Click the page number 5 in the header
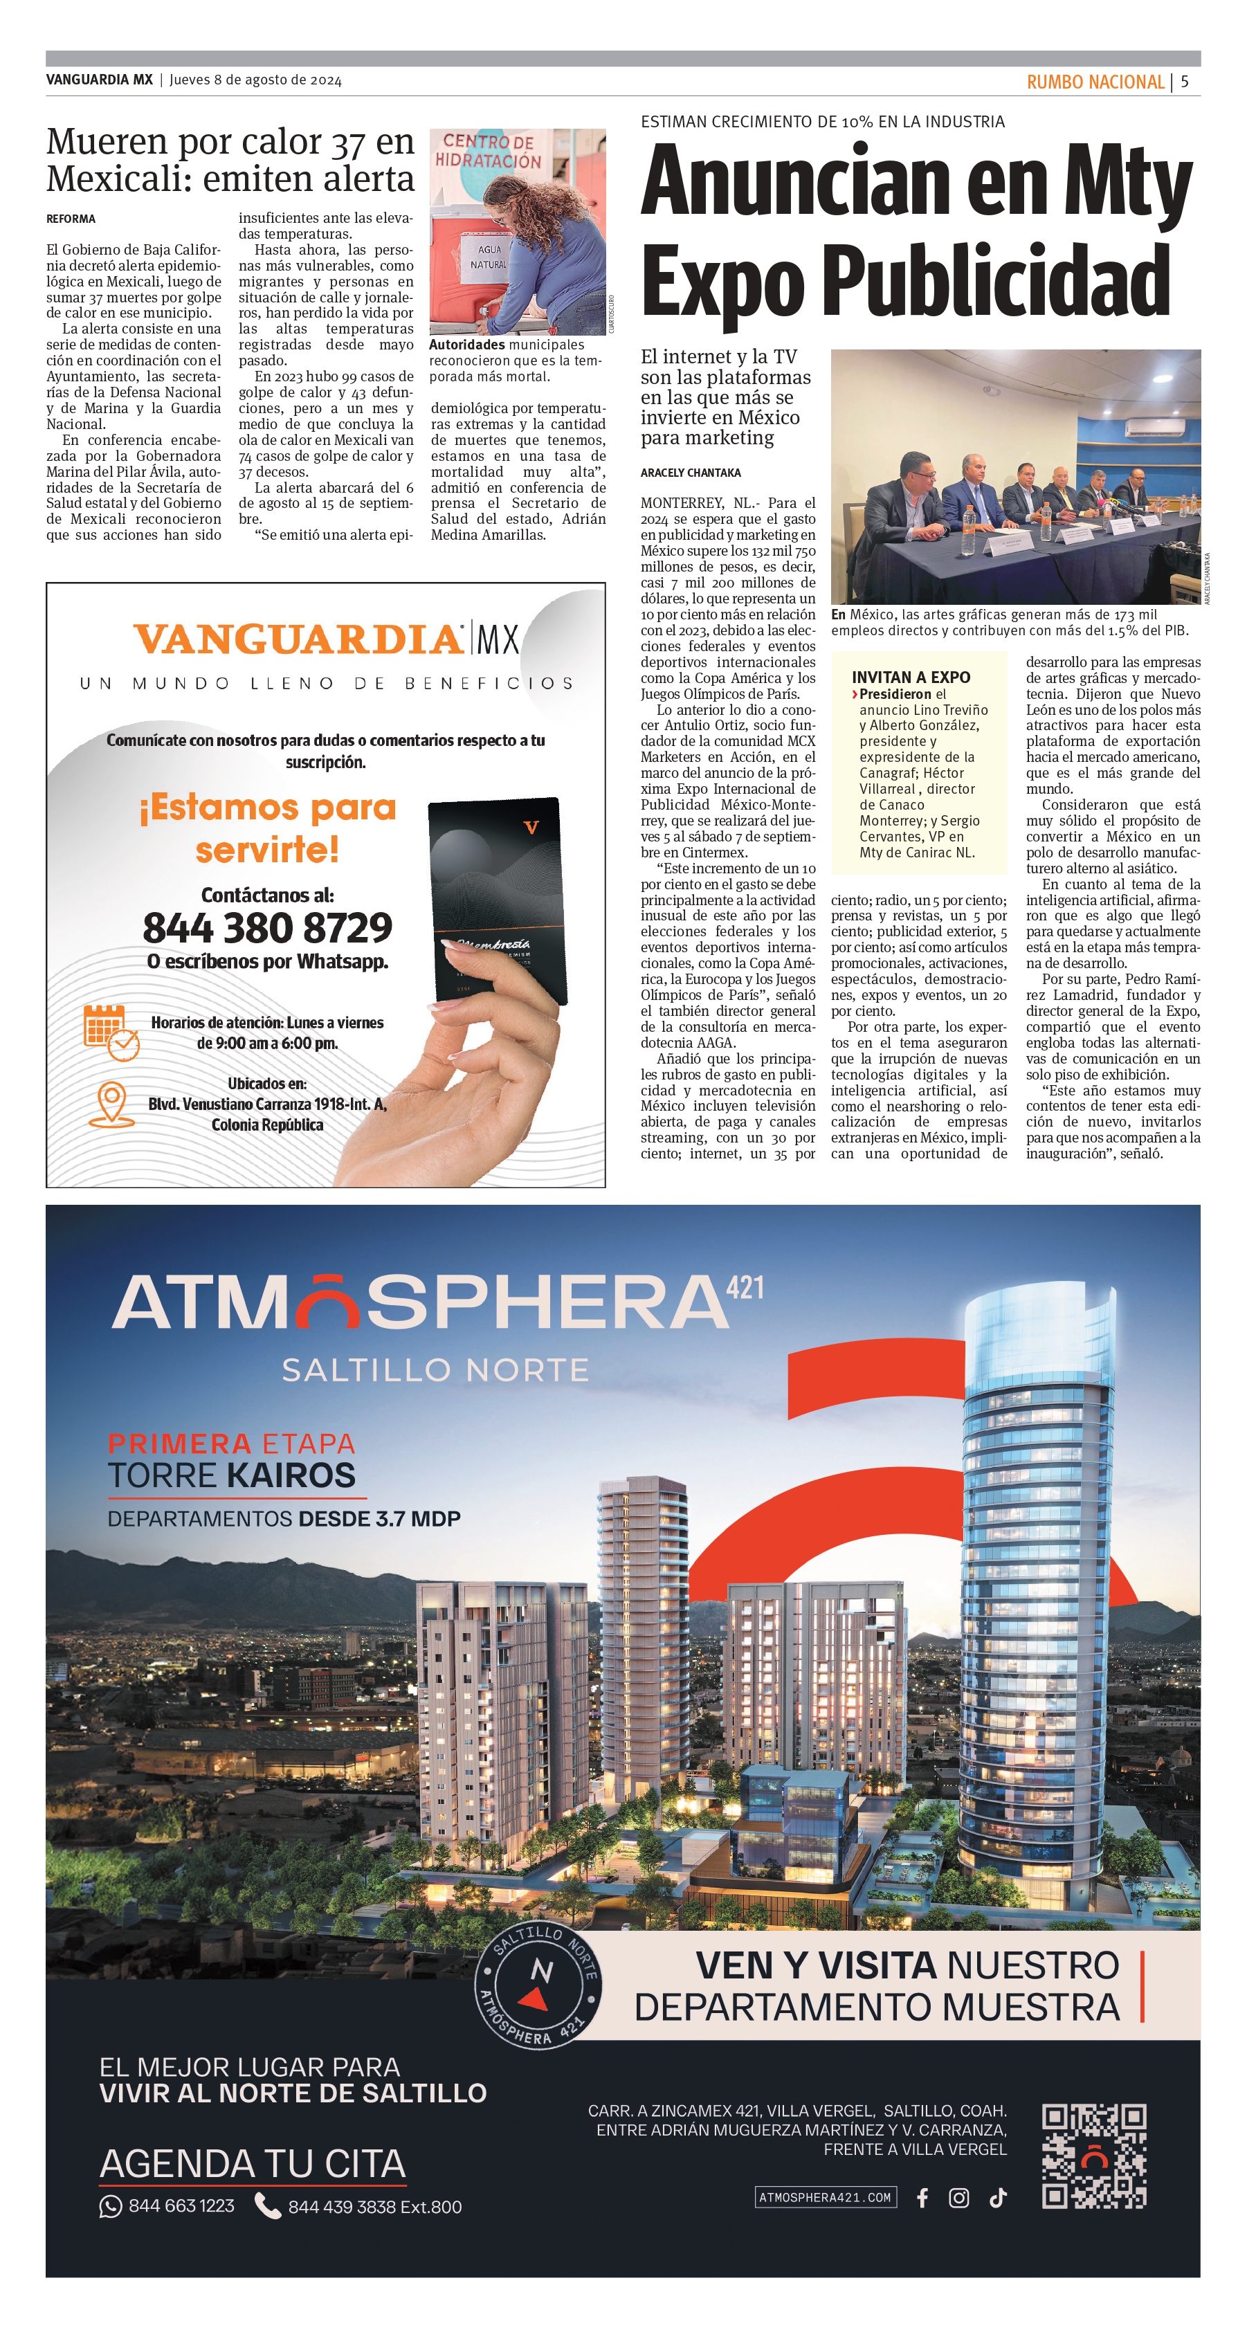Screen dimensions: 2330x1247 (1185, 82)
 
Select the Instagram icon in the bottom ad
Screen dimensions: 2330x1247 (958, 2198)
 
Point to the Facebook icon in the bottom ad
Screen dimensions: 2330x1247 (922, 2198)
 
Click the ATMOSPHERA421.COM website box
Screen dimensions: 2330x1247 (825, 2197)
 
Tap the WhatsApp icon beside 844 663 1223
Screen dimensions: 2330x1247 (110, 2207)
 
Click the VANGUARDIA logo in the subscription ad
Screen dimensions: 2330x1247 (298, 639)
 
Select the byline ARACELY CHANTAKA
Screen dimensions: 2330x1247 (690, 473)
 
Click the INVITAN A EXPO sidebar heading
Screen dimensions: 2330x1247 (911, 677)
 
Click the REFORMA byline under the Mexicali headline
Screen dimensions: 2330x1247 (71, 219)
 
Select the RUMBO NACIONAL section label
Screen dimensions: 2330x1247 (1094, 82)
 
